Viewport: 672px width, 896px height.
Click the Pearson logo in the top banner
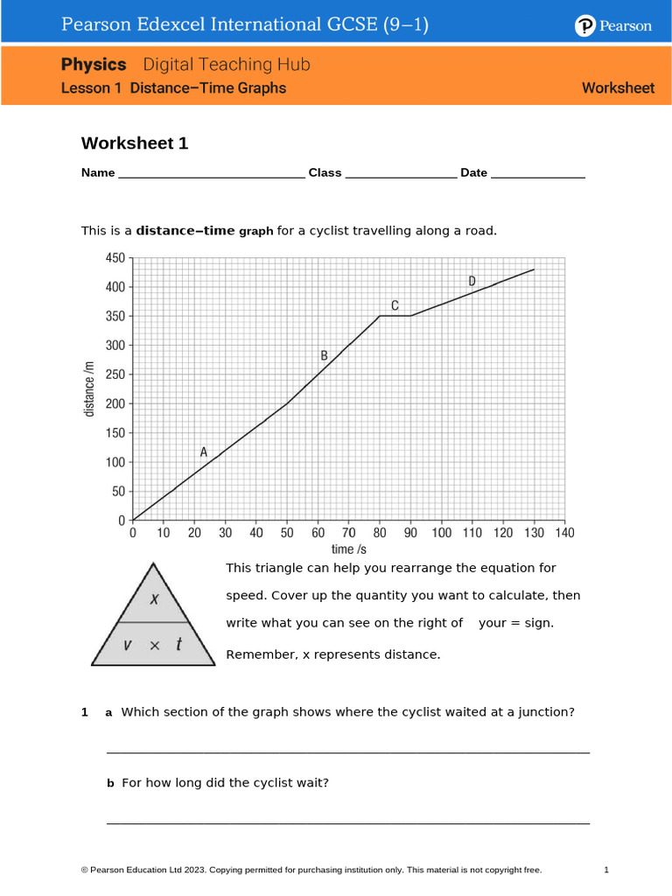click(x=613, y=26)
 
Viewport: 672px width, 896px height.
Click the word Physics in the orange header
click(x=94, y=65)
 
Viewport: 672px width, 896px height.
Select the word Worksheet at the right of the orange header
click(x=618, y=88)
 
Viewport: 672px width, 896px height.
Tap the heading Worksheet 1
click(x=135, y=143)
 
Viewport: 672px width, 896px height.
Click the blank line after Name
click(x=210, y=174)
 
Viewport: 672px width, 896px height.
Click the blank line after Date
click(x=537, y=174)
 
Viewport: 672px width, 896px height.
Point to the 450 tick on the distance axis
click(x=115, y=258)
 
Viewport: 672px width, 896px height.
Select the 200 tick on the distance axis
click(x=115, y=404)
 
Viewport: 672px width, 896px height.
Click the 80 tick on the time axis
click(x=380, y=532)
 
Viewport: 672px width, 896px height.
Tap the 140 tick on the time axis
click(x=564, y=532)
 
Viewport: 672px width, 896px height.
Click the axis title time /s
click(x=348, y=549)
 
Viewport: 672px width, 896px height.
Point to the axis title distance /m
click(x=89, y=389)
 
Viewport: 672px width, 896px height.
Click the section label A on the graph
click(x=204, y=452)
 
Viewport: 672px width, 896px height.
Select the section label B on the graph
click(x=324, y=355)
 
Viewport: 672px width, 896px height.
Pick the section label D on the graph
click(x=472, y=281)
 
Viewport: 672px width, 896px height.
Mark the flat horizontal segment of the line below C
click(x=395, y=316)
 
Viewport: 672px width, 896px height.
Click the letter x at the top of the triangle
click(x=154, y=599)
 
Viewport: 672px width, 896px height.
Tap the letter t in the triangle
click(x=178, y=645)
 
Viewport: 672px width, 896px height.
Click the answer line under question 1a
click(x=347, y=751)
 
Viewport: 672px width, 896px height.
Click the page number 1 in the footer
click(x=605, y=870)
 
